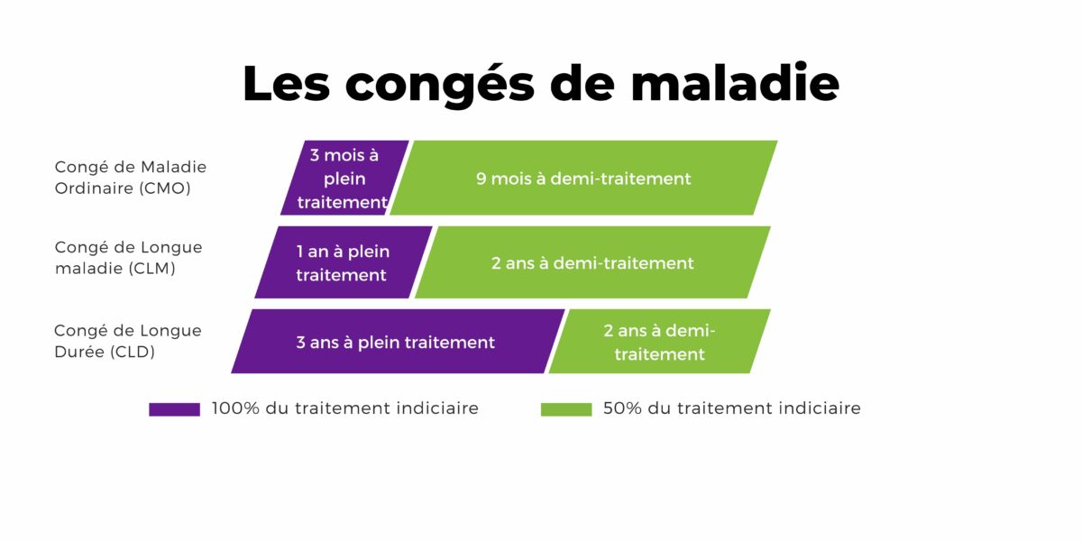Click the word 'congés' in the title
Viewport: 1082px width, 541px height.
(440, 85)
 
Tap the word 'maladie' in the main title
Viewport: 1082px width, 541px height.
(735, 82)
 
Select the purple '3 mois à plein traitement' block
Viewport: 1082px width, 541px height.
(344, 178)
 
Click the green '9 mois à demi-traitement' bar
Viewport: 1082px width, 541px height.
(583, 178)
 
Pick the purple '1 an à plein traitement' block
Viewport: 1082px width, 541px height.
(343, 262)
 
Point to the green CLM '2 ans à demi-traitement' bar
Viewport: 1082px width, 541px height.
(592, 262)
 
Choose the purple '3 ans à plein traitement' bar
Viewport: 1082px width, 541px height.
(398, 342)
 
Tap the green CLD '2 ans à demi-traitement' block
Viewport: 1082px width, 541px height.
(659, 342)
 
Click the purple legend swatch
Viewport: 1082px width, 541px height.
(174, 409)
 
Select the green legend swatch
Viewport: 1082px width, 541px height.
(566, 409)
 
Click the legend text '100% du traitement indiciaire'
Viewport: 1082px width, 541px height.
(344, 408)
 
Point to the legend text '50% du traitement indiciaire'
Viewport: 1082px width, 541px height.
(732, 408)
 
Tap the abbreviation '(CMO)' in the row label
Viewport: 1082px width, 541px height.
(165, 188)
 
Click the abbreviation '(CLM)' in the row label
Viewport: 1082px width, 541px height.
(152, 268)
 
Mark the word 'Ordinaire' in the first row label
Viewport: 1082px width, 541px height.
(94, 188)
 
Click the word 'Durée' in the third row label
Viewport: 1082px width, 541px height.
(79, 351)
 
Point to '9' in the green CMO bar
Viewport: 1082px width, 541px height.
(481, 179)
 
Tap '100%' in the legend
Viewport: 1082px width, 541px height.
(235, 408)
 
